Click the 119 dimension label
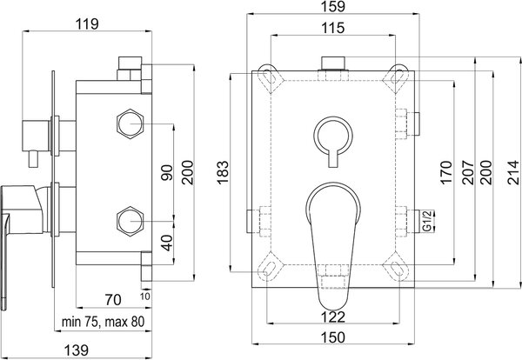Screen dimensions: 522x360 [87, 24]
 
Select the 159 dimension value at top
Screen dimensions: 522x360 [333, 7]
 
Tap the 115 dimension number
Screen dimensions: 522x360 [333, 28]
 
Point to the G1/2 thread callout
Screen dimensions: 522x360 [427, 221]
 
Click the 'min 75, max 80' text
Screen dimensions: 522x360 [104, 322]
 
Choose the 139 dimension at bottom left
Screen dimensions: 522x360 [77, 350]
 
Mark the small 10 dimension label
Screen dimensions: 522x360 [145, 296]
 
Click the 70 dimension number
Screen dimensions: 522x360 [113, 300]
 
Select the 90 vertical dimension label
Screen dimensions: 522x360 [167, 172]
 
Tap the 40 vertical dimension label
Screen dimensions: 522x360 [167, 243]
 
